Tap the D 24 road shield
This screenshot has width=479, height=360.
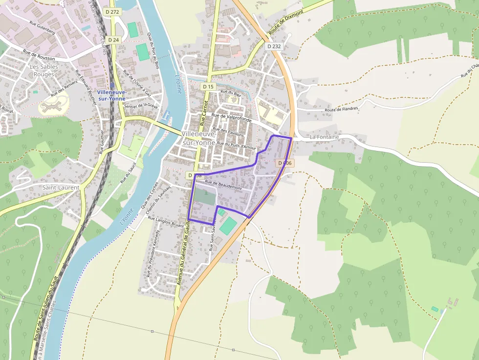[x=113, y=40]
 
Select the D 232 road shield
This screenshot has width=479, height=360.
[x=274, y=46]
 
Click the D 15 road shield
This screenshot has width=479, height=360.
[x=208, y=86]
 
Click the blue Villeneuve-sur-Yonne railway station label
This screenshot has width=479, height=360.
[x=111, y=95]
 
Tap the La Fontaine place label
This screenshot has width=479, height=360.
[x=324, y=137]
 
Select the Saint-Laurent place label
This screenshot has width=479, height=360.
[x=61, y=187]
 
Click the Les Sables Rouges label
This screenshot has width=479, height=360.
[x=44, y=70]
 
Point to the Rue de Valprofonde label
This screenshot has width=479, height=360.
[x=232, y=117]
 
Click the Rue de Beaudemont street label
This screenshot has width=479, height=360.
[x=223, y=185]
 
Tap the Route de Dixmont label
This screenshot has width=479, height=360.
[x=286, y=21]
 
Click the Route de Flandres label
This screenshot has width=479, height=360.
[x=341, y=109]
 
